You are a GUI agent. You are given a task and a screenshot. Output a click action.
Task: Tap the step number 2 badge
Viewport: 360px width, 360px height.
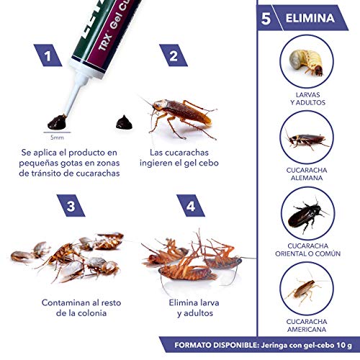click(173, 54)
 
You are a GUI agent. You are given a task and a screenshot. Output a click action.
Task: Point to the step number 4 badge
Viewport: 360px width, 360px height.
click(190, 207)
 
